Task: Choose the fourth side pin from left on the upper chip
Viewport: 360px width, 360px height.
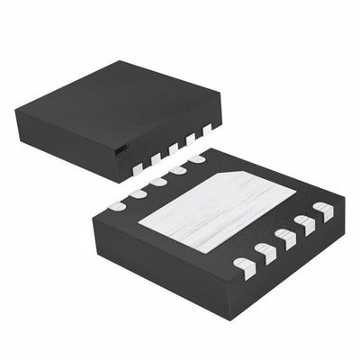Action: [191, 140]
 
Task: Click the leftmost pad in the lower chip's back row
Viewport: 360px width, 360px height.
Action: [117, 206]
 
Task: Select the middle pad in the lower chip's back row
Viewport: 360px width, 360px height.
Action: [158, 182]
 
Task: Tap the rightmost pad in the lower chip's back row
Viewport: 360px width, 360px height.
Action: [196, 159]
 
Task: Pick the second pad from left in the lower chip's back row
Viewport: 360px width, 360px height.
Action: [138, 193]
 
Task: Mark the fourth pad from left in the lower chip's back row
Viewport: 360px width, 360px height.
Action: [177, 170]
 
